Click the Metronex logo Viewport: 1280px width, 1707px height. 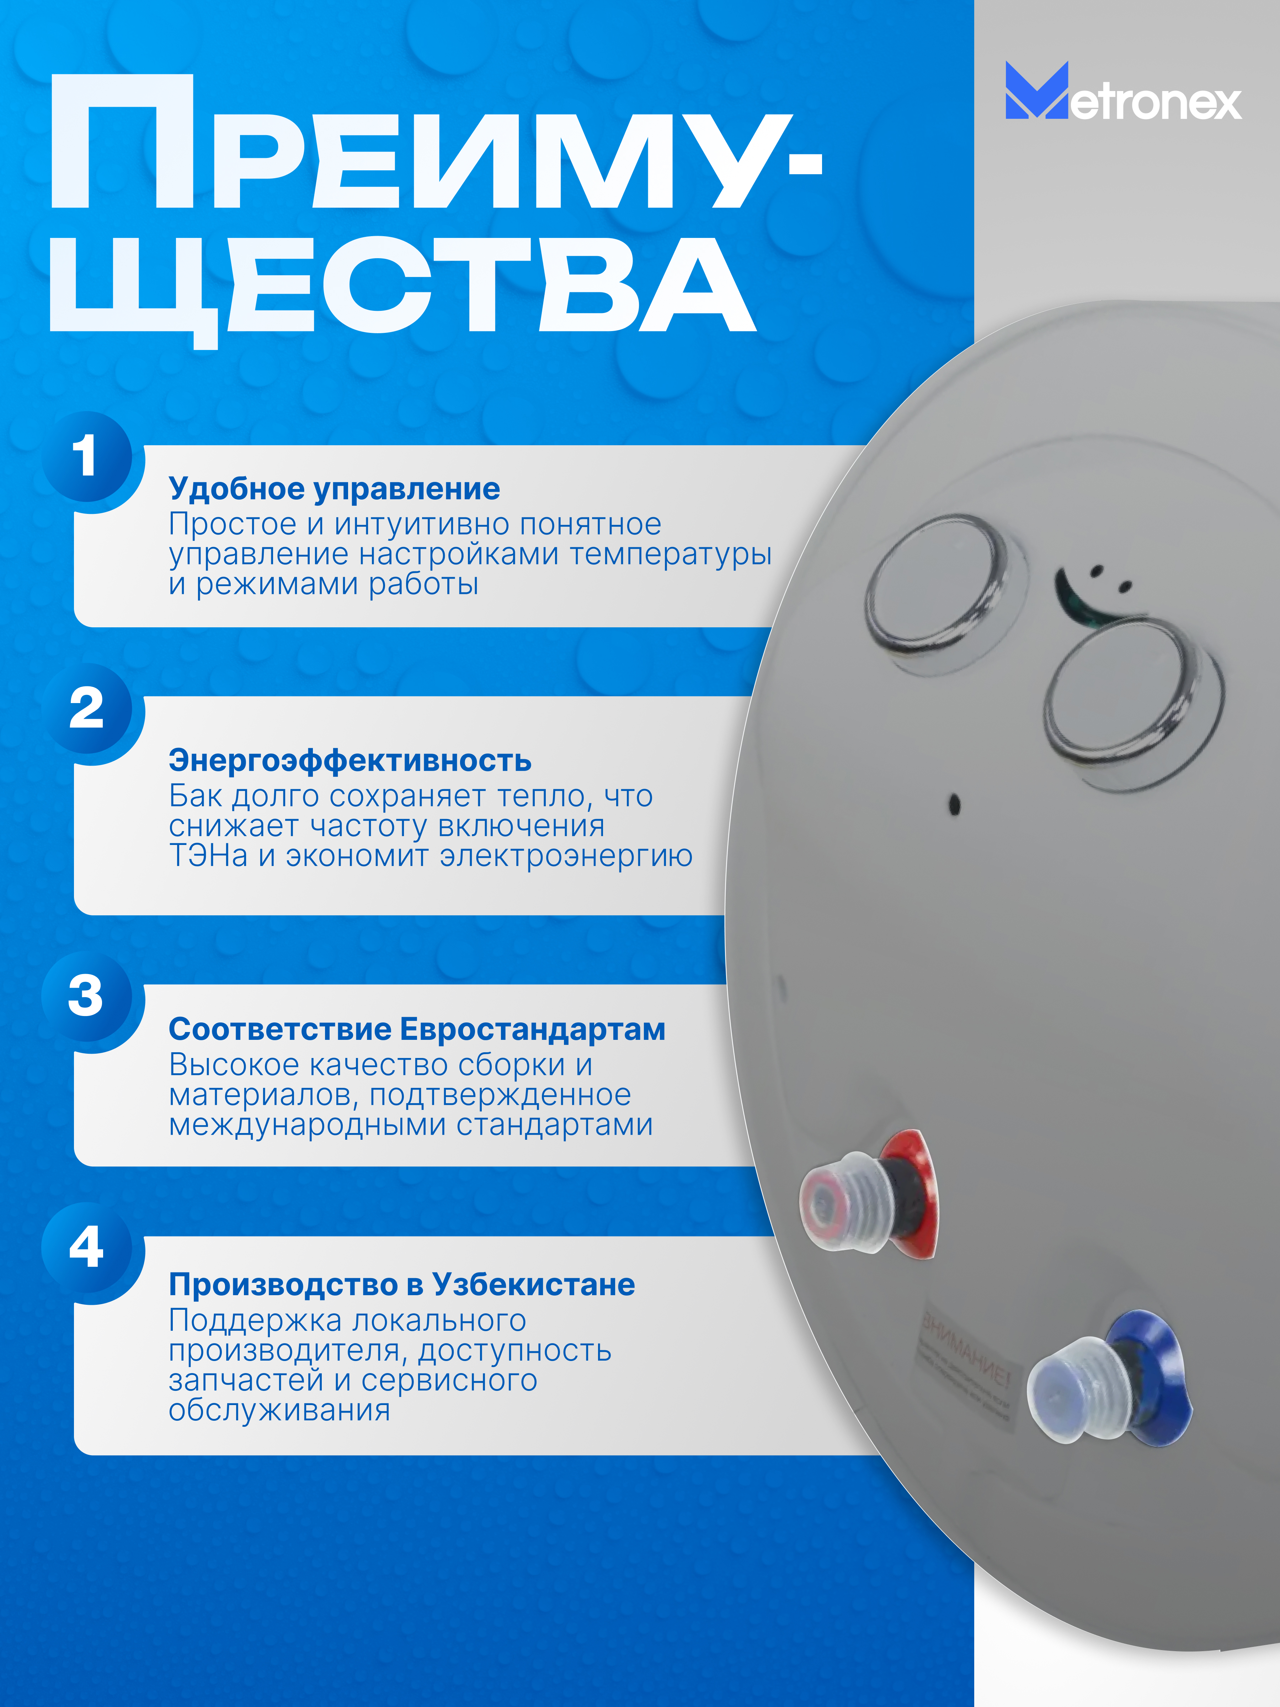pyautogui.click(x=1122, y=92)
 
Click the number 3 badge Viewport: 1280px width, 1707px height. pyautogui.click(x=86, y=995)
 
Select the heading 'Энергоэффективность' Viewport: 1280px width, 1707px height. pyautogui.click(x=350, y=761)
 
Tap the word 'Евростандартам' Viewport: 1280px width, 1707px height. pyautogui.click(x=532, y=1030)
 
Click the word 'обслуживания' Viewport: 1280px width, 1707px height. pyautogui.click(x=279, y=1410)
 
